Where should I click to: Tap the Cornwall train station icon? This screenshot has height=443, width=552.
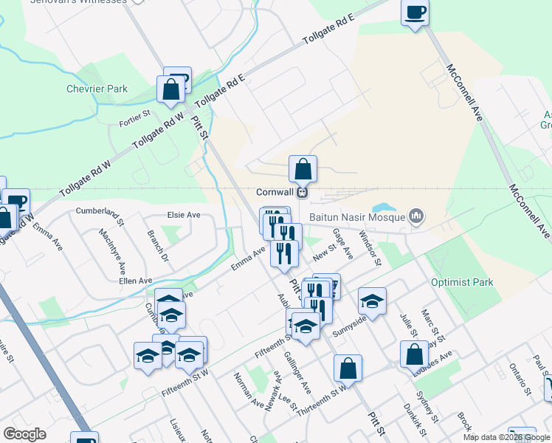pyautogui.click(x=302, y=192)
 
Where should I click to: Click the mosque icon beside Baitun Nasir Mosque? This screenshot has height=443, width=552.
pyautogui.click(x=416, y=216)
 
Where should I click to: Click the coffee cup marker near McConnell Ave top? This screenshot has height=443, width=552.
pyautogui.click(x=415, y=13)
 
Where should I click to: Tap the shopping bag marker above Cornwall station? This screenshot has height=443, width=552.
pyautogui.click(x=303, y=169)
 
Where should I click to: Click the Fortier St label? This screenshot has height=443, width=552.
pyautogui.click(x=135, y=114)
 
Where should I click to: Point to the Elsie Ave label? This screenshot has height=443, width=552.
pyautogui.click(x=184, y=216)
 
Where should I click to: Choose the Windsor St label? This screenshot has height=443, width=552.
pyautogui.click(x=369, y=247)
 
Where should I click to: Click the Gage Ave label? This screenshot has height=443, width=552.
pyautogui.click(x=342, y=243)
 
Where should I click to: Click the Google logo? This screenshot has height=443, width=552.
pyautogui.click(x=25, y=434)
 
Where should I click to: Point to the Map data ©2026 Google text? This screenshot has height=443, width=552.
pyautogui.click(x=506, y=437)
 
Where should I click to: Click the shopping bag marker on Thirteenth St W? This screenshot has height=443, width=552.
pyautogui.click(x=348, y=368)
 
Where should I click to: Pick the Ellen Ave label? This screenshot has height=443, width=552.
pyautogui.click(x=135, y=281)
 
